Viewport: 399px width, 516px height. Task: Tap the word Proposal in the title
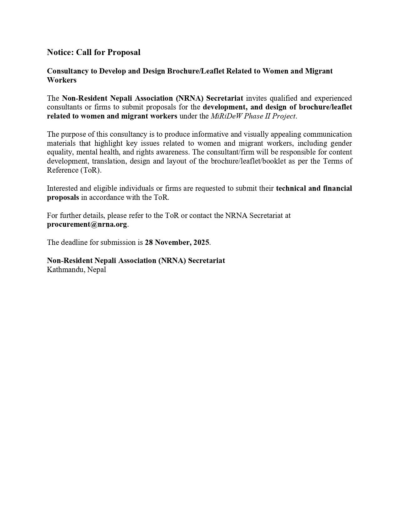(x=124, y=52)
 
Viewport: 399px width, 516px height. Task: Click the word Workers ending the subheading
(x=62, y=80)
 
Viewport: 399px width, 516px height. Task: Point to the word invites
(x=257, y=98)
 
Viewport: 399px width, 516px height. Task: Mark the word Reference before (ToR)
(x=62, y=170)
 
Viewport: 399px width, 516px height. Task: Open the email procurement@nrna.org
(x=87, y=225)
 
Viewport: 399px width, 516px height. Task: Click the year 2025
(x=201, y=243)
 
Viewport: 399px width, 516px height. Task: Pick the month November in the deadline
(x=173, y=243)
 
